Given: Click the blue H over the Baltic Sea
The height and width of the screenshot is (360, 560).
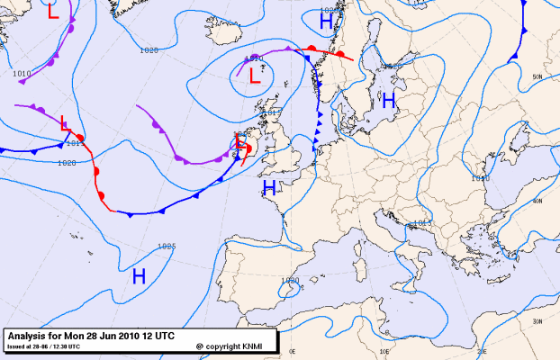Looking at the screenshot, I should (x=388, y=102).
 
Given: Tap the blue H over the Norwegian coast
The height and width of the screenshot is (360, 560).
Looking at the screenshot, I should (x=326, y=19).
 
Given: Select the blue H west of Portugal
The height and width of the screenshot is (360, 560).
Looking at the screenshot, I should (x=140, y=276).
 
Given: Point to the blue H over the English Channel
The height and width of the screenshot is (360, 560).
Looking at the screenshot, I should (x=268, y=188).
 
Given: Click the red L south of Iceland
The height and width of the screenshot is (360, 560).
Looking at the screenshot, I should (x=254, y=76).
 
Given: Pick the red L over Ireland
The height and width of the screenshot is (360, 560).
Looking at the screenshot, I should (x=240, y=142).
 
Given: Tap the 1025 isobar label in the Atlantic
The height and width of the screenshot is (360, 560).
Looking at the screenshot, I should (x=166, y=246).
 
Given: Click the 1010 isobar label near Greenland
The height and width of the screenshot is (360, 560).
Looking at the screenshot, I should (x=22, y=73).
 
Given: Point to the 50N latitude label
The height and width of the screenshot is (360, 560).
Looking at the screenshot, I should (x=537, y=77).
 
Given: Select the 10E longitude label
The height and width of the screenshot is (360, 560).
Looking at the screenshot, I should (x=383, y=352).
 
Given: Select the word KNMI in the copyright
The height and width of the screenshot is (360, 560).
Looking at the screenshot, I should (x=256, y=346).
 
